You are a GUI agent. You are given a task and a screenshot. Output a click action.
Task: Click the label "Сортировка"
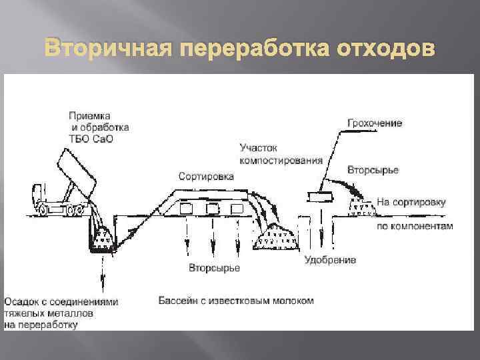[x=206, y=177]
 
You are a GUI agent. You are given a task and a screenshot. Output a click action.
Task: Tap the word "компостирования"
[x=281, y=160]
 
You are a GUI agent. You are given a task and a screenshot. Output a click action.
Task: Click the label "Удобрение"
[x=330, y=259]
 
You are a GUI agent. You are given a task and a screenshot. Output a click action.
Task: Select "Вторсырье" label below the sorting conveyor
[x=213, y=268]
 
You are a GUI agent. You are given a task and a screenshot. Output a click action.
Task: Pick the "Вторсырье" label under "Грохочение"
[x=373, y=170]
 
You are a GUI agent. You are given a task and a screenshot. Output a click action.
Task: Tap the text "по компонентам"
[x=414, y=226]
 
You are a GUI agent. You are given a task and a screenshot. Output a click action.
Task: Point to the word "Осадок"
[x=20, y=301]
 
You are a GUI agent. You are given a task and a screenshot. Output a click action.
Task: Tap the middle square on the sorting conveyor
[x=212, y=209]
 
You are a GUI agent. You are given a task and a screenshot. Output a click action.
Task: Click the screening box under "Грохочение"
[x=321, y=195]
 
